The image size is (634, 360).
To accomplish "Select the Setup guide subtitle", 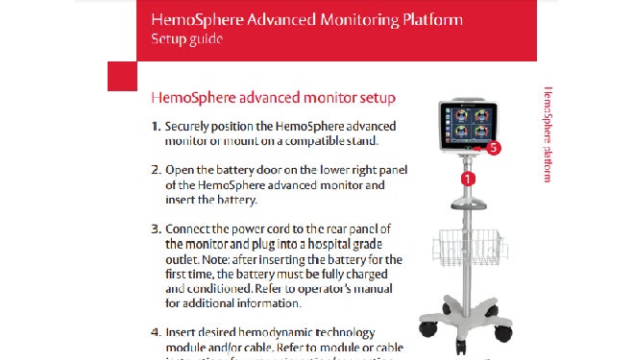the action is [x=188, y=39].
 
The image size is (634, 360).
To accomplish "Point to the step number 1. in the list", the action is [x=156, y=127].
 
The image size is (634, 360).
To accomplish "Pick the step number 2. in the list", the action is [x=156, y=170].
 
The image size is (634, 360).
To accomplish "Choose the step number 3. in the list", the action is [x=156, y=229].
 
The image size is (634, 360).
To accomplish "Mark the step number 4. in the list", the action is [x=156, y=332].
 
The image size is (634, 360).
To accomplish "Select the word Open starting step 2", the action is [x=181, y=170].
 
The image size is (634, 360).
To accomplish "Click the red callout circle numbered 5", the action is [x=494, y=149].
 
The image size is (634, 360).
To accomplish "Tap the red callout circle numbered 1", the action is [x=468, y=178].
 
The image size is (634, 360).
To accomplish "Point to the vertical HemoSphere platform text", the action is [x=548, y=134].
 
